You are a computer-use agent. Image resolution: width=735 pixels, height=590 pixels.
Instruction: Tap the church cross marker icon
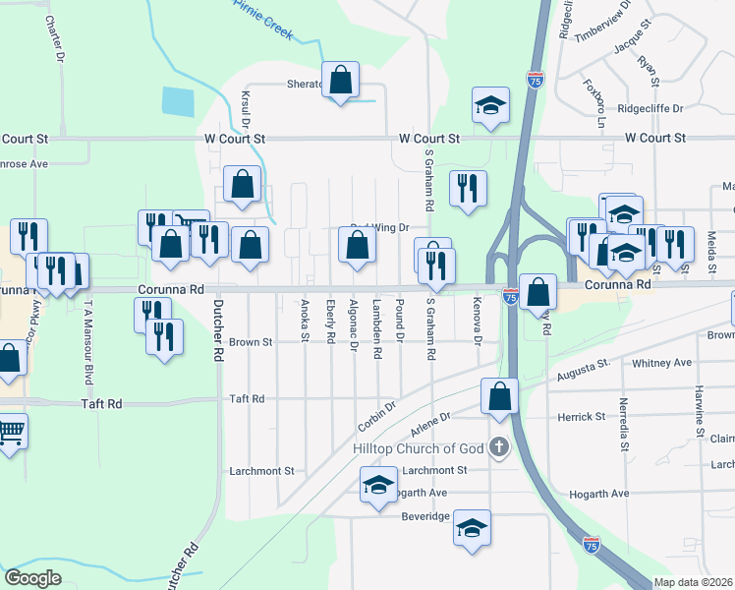click(x=499, y=448)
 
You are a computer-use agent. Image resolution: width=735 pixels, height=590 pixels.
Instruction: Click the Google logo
click(x=32, y=578)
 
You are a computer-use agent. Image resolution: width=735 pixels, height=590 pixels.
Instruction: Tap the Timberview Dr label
click(x=606, y=31)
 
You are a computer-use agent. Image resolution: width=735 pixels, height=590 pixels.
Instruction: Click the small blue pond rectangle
click(x=178, y=101)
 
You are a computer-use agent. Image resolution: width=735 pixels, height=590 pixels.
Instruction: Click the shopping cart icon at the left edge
click(x=10, y=431)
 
